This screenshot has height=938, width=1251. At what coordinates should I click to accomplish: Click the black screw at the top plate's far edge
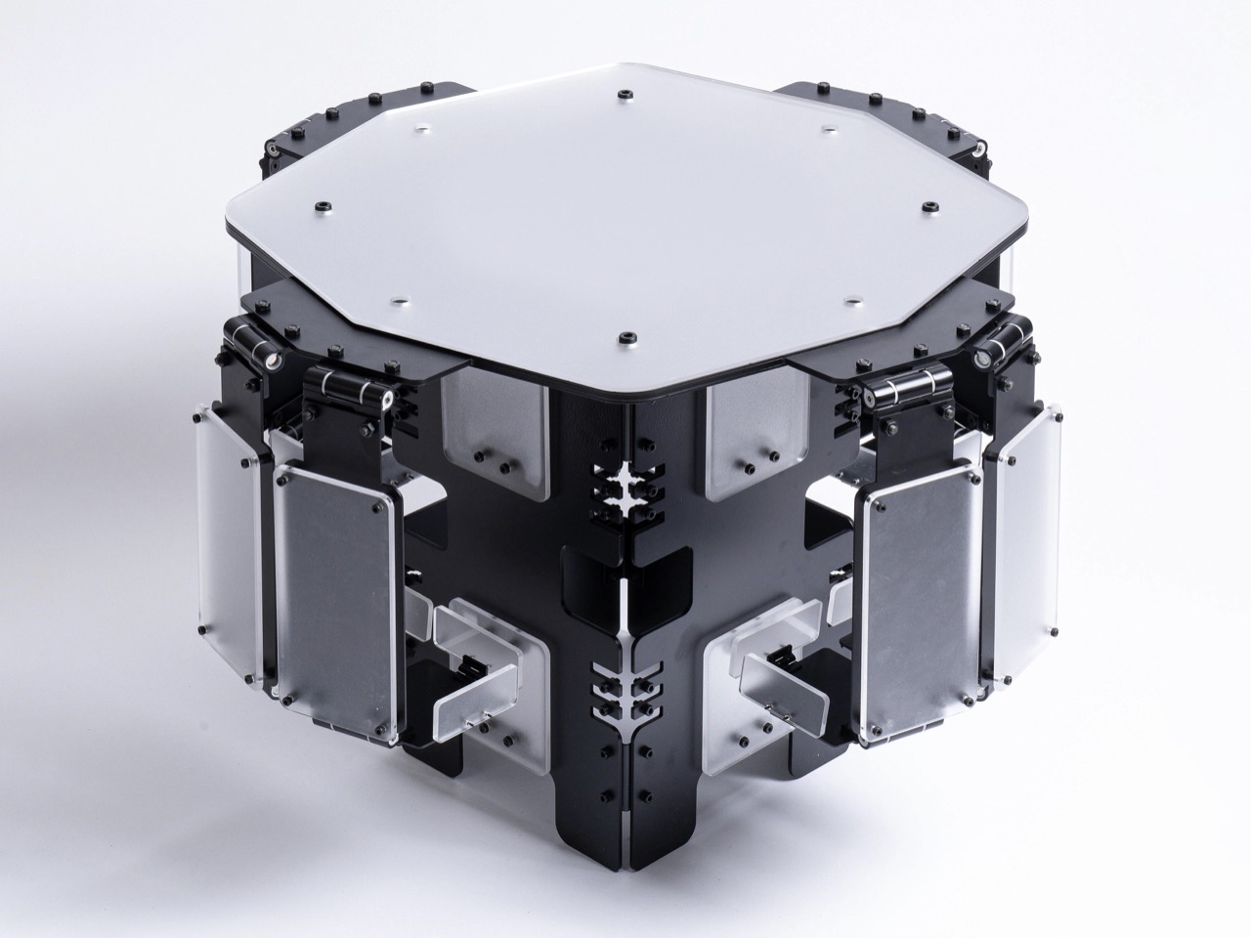(623, 95)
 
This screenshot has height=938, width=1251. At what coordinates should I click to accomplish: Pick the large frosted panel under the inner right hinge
(919, 596)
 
